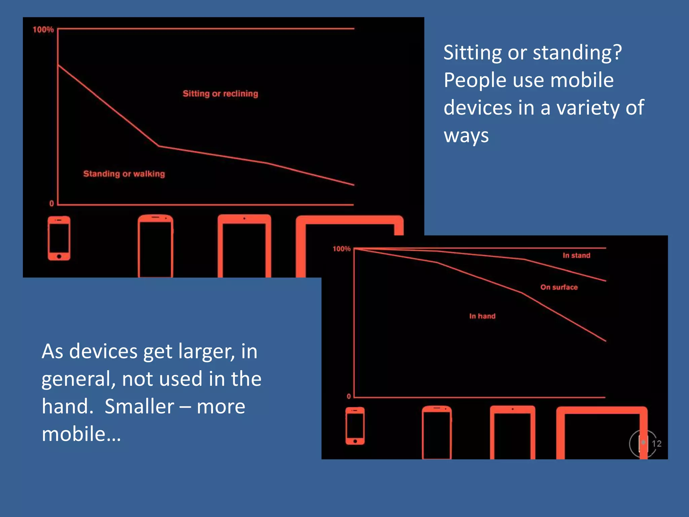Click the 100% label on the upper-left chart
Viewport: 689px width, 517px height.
tap(43, 30)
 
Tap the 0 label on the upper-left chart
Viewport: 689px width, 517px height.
tap(51, 203)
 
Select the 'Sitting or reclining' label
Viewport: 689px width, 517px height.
tap(220, 94)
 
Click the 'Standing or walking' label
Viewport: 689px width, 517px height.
tap(124, 174)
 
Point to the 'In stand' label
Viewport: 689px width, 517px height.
tap(576, 255)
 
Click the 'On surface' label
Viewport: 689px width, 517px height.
tap(559, 287)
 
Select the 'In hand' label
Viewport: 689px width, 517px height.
tap(482, 316)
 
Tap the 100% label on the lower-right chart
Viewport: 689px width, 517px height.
tap(341, 249)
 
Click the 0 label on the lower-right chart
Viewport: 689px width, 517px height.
tap(349, 396)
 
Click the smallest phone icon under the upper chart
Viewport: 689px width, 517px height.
tap(59, 238)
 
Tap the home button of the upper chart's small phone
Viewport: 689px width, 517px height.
tap(59, 256)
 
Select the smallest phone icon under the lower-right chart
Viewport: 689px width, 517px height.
tap(355, 426)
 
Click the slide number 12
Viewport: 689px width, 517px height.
tap(656, 444)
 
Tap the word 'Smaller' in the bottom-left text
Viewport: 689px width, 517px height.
tap(139, 406)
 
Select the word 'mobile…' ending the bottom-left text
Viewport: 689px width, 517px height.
tap(81, 434)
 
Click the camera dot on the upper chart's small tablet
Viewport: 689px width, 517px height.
tap(244, 218)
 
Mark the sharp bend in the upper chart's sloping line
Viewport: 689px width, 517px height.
tap(159, 146)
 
